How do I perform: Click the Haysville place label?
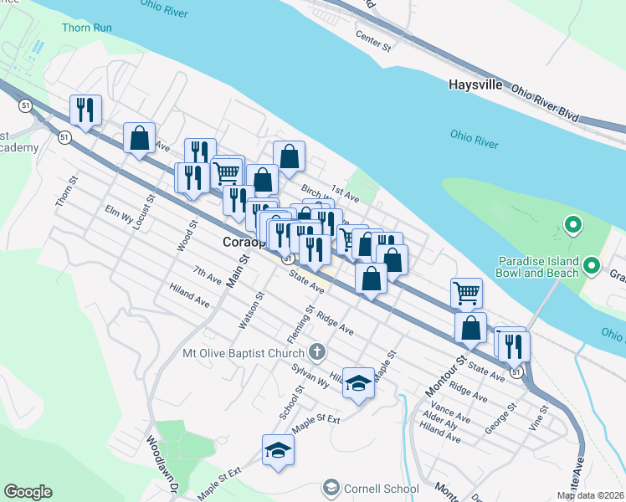coord(475,85)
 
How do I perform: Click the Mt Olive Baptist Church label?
coord(244,352)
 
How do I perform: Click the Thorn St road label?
coord(66,192)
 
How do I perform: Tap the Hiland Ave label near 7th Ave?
coord(189,295)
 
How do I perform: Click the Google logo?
coord(28,492)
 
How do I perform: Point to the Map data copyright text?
coord(590,495)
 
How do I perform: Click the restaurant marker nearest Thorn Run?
coord(86,110)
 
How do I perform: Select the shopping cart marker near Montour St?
coord(466,293)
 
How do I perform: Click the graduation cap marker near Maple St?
coord(358,382)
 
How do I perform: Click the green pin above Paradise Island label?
coord(573,224)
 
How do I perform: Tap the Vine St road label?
coord(540,417)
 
